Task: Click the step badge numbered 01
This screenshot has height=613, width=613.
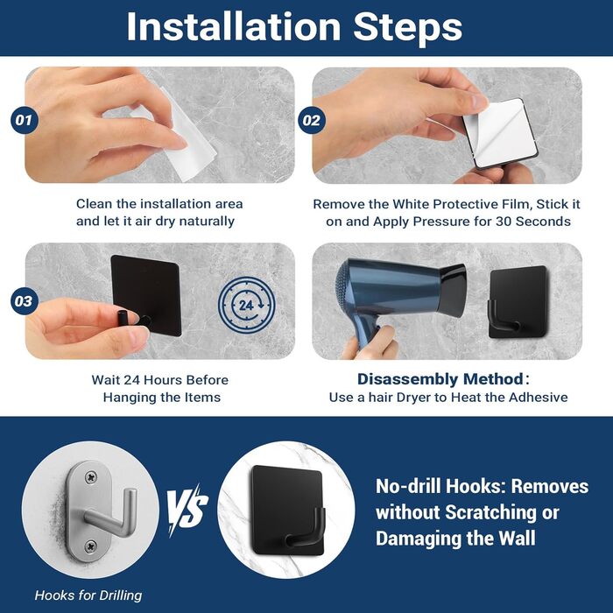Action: pyautogui.click(x=25, y=120)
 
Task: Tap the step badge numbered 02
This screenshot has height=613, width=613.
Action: pyautogui.click(x=312, y=121)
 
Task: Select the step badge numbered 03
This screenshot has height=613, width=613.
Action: pyautogui.click(x=25, y=301)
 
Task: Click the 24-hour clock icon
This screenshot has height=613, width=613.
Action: pyautogui.click(x=246, y=305)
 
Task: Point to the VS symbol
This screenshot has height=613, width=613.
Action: pyautogui.click(x=187, y=511)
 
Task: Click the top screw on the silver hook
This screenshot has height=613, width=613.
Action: pyautogui.click(x=91, y=477)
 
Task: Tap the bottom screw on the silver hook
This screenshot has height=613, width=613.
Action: pyautogui.click(x=91, y=546)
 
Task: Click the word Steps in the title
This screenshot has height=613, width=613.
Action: pyautogui.click(x=408, y=27)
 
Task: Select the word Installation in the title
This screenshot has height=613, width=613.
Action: pyautogui.click(x=234, y=26)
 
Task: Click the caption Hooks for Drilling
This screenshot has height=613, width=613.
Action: pyautogui.click(x=88, y=595)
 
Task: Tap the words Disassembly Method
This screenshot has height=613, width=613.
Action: pyautogui.click(x=440, y=379)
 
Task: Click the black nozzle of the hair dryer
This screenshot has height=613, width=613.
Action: pyautogui.click(x=453, y=290)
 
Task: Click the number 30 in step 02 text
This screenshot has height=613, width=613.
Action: pyautogui.click(x=504, y=222)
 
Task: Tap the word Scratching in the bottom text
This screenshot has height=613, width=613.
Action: pyautogui.click(x=490, y=513)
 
